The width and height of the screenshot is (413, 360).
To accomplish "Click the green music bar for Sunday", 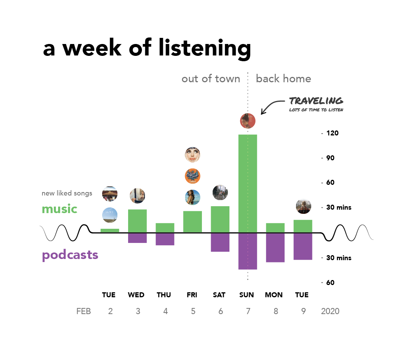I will coord(247,183).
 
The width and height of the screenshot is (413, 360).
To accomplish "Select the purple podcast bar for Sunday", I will coord(247,251).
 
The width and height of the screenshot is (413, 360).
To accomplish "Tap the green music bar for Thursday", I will coord(165,228).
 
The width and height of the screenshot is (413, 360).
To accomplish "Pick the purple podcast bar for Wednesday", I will coord(137,238).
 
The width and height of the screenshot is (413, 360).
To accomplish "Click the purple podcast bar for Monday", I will coord(275,248).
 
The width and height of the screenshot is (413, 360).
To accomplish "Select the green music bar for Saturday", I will coord(220,219).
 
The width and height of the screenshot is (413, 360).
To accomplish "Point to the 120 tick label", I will coord(332,133).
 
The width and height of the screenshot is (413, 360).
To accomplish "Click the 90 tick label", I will coord(330,158).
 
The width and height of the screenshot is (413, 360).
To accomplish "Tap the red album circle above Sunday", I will coord(248,121).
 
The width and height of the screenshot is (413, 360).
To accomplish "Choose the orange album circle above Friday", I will coord(192,176).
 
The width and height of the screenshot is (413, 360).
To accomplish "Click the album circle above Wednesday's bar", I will coord(137,196).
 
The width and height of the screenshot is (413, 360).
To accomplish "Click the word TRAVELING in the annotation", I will coord(316,101).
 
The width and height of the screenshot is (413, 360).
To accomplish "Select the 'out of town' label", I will coord(211,79).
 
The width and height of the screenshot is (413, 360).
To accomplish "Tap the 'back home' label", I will coord(283,79).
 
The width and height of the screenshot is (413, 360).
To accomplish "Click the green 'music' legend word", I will coord(59,209).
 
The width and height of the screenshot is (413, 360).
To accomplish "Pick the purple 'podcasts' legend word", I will coord(70,255).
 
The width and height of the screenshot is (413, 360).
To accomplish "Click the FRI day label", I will coord(192,295).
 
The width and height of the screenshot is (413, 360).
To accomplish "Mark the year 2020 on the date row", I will coord(330,311).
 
